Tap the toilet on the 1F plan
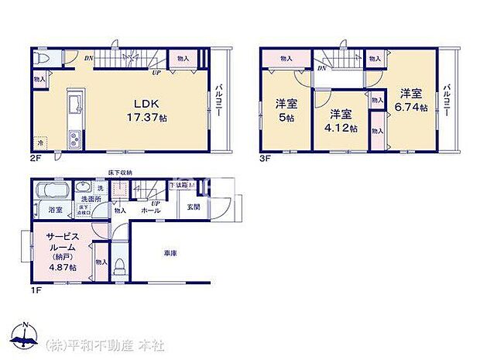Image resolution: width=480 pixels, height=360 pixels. [x=119, y=267]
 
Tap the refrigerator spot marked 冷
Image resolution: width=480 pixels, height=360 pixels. [x=40, y=142]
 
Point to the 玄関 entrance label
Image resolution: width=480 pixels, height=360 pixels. [x=194, y=207]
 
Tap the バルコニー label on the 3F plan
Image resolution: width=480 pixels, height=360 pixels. [x=447, y=101]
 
